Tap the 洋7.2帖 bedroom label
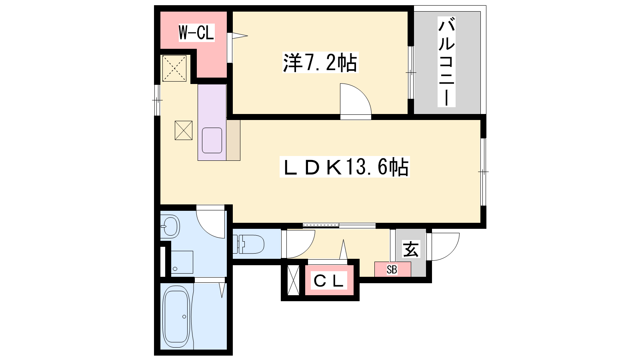tap(320, 62)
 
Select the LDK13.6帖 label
tap(344, 167)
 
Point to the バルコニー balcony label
tap(446, 62)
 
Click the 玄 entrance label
tap(411, 249)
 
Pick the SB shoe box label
tap(392, 270)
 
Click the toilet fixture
tap(248, 244)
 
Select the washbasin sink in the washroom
tap(170, 226)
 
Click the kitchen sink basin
tap(212, 140)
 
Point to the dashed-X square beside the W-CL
tap(174, 68)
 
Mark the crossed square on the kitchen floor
tap(184, 130)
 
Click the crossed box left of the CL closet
tap(293, 280)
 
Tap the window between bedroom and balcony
tap(410, 72)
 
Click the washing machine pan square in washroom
tap(182, 262)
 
